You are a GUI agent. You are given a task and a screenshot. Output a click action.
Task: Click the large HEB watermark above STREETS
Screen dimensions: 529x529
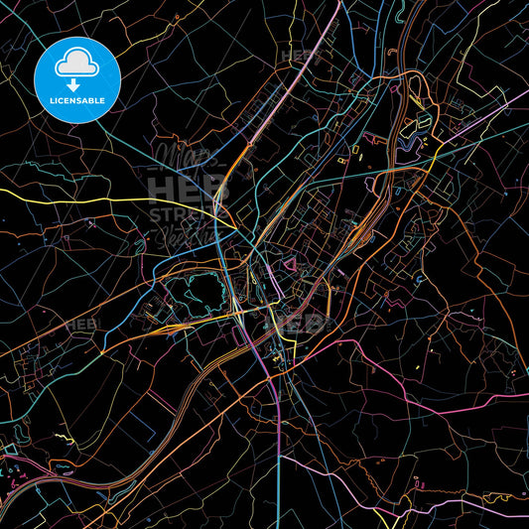click(178, 190)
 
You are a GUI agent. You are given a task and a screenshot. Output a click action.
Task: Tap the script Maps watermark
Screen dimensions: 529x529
click(179, 159)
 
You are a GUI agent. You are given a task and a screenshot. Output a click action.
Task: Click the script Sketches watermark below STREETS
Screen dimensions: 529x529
click(184, 236)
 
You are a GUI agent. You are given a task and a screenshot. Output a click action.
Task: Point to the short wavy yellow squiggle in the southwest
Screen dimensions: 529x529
click(64, 438)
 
